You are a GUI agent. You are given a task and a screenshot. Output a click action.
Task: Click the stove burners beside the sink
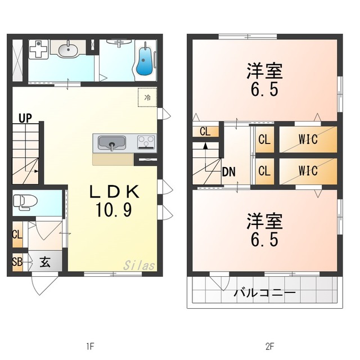tap(146, 142)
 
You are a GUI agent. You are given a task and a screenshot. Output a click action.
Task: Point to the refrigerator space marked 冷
tap(147, 97)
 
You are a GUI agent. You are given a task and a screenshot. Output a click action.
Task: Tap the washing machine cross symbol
tap(38, 48)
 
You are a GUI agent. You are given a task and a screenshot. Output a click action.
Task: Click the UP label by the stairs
tap(24, 118)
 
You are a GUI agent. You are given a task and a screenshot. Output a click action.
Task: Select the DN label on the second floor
tap(228, 172)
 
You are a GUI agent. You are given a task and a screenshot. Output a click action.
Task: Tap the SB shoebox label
tap(17, 262)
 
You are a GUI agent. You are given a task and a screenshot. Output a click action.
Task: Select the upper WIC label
tap(308, 139)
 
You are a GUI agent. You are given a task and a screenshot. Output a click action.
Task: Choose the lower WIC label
tap(308, 171)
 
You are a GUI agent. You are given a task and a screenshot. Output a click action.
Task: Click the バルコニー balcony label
tap(264, 293)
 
